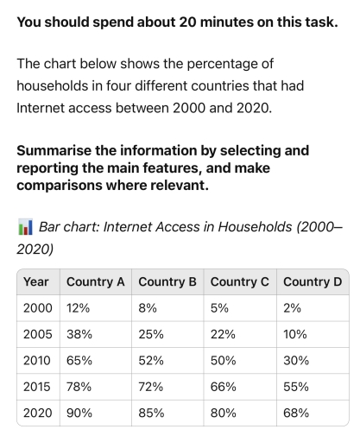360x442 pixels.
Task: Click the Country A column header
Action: click(95, 281)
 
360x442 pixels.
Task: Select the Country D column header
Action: click(312, 281)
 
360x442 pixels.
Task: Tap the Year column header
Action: click(36, 281)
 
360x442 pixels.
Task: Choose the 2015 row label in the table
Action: click(37, 386)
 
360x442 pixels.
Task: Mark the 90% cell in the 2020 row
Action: click(79, 413)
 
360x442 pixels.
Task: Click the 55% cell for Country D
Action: click(295, 386)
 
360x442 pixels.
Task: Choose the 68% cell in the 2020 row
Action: click(295, 413)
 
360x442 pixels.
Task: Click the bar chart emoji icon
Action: click(25, 227)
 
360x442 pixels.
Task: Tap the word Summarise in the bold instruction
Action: click(55, 150)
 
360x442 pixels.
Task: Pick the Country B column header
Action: click(167, 281)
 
